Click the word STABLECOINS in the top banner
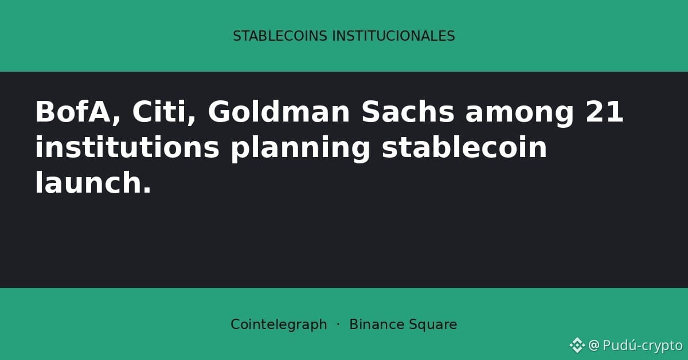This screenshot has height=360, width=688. point(280,36)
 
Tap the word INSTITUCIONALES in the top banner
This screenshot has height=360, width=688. point(393,36)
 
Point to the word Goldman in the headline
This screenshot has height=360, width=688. point(279,112)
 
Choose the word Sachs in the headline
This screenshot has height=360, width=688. point(408,112)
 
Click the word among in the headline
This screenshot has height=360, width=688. point(519,114)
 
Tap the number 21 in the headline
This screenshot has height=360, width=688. point(604,112)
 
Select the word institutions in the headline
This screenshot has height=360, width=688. point(127,147)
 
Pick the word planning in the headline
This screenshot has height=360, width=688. point(300,149)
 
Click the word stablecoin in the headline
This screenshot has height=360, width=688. point(464,147)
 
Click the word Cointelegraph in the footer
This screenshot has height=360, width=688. point(279,324)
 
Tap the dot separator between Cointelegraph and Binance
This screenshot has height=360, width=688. point(338,324)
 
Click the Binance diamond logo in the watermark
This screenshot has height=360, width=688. point(577,345)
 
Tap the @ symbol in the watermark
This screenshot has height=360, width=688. point(594,345)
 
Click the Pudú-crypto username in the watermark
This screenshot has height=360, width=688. point(643,345)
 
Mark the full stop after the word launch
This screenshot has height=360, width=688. point(147,190)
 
